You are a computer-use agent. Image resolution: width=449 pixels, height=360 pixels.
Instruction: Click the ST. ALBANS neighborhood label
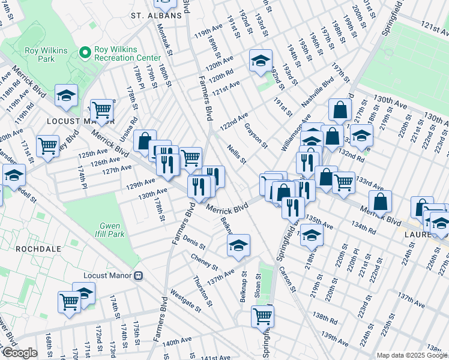[156, 16]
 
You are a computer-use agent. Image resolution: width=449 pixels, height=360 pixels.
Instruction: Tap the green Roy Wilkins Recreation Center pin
[85, 53]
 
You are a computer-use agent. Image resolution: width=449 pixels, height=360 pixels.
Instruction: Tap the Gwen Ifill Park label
[112, 230]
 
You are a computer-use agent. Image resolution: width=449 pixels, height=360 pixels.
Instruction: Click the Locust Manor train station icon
[139, 275]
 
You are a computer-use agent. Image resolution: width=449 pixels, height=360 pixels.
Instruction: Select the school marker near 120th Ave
[260, 61]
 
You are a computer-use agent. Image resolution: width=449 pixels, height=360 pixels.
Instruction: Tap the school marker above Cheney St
[238, 245]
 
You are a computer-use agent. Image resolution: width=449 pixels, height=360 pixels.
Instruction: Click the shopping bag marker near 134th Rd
[380, 202]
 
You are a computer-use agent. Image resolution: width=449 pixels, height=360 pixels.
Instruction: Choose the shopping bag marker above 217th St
[340, 110]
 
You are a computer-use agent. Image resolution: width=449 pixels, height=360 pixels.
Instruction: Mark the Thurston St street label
[202, 290]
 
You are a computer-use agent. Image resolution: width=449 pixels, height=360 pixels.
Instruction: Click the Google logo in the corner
[20, 353]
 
